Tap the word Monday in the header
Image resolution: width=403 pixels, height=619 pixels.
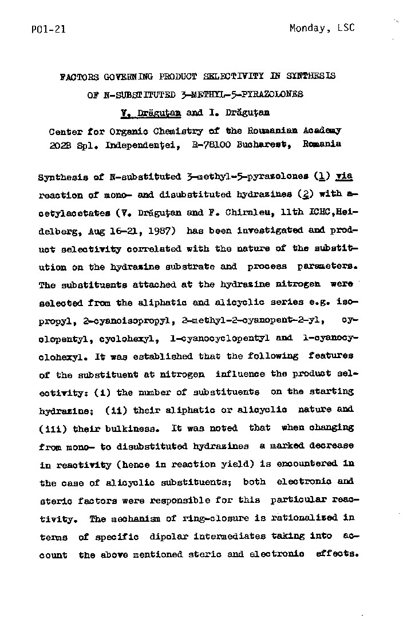[309, 28]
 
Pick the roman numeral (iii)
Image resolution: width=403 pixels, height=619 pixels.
[50, 427]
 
